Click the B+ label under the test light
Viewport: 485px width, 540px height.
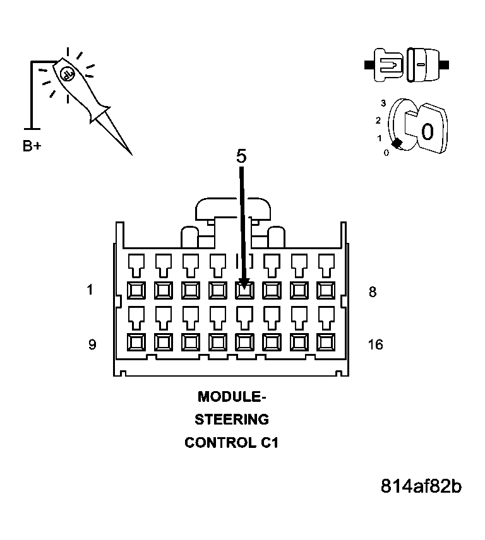point(32,146)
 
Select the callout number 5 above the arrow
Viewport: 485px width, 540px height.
point(241,156)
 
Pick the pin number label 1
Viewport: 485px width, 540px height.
point(91,291)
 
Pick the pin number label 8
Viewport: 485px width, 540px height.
point(373,292)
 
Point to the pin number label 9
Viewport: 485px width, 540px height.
point(92,344)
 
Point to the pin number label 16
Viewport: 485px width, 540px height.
point(375,345)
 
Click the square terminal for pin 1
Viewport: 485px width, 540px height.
point(136,290)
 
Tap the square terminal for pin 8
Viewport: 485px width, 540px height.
point(326,290)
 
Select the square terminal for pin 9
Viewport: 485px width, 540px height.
point(136,343)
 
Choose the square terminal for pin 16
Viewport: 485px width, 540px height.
point(326,343)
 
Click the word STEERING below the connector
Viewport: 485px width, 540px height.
point(231,420)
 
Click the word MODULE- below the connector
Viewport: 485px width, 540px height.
point(232,397)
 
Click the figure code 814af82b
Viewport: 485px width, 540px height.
point(421,487)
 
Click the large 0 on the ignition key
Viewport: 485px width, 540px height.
point(428,132)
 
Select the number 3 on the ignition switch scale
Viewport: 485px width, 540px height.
point(383,102)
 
